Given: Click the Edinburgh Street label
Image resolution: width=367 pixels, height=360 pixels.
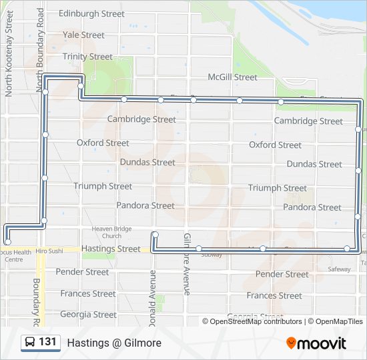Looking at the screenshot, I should (91, 13).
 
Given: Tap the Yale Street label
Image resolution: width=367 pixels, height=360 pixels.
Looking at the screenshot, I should (83, 35).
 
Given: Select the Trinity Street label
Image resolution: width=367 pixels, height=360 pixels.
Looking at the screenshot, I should (87, 57).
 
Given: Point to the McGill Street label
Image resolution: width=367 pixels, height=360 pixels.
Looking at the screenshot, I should (232, 77).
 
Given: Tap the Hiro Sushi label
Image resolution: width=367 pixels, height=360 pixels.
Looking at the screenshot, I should (49, 251).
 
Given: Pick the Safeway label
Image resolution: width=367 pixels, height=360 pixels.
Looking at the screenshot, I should (339, 269).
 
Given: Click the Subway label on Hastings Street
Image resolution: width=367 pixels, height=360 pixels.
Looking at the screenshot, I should (212, 255).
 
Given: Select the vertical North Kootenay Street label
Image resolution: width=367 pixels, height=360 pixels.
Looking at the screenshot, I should (9, 53).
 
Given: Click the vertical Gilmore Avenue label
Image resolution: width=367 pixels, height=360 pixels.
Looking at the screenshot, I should (188, 264).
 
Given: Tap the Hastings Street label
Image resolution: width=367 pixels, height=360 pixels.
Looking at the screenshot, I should (111, 249).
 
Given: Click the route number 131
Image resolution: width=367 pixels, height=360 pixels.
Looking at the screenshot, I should (47, 342).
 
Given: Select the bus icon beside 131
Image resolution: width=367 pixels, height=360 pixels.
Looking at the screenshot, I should (30, 343).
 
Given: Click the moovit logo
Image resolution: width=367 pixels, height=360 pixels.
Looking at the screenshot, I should (316, 343).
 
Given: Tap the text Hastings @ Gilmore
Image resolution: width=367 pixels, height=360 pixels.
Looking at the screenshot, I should (114, 343).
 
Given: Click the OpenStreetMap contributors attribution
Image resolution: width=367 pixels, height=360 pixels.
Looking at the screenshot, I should (252, 321).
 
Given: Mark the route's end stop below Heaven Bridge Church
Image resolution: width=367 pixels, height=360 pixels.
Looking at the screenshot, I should (154, 234).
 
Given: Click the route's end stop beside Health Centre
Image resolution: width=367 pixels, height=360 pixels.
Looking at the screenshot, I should (8, 242).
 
